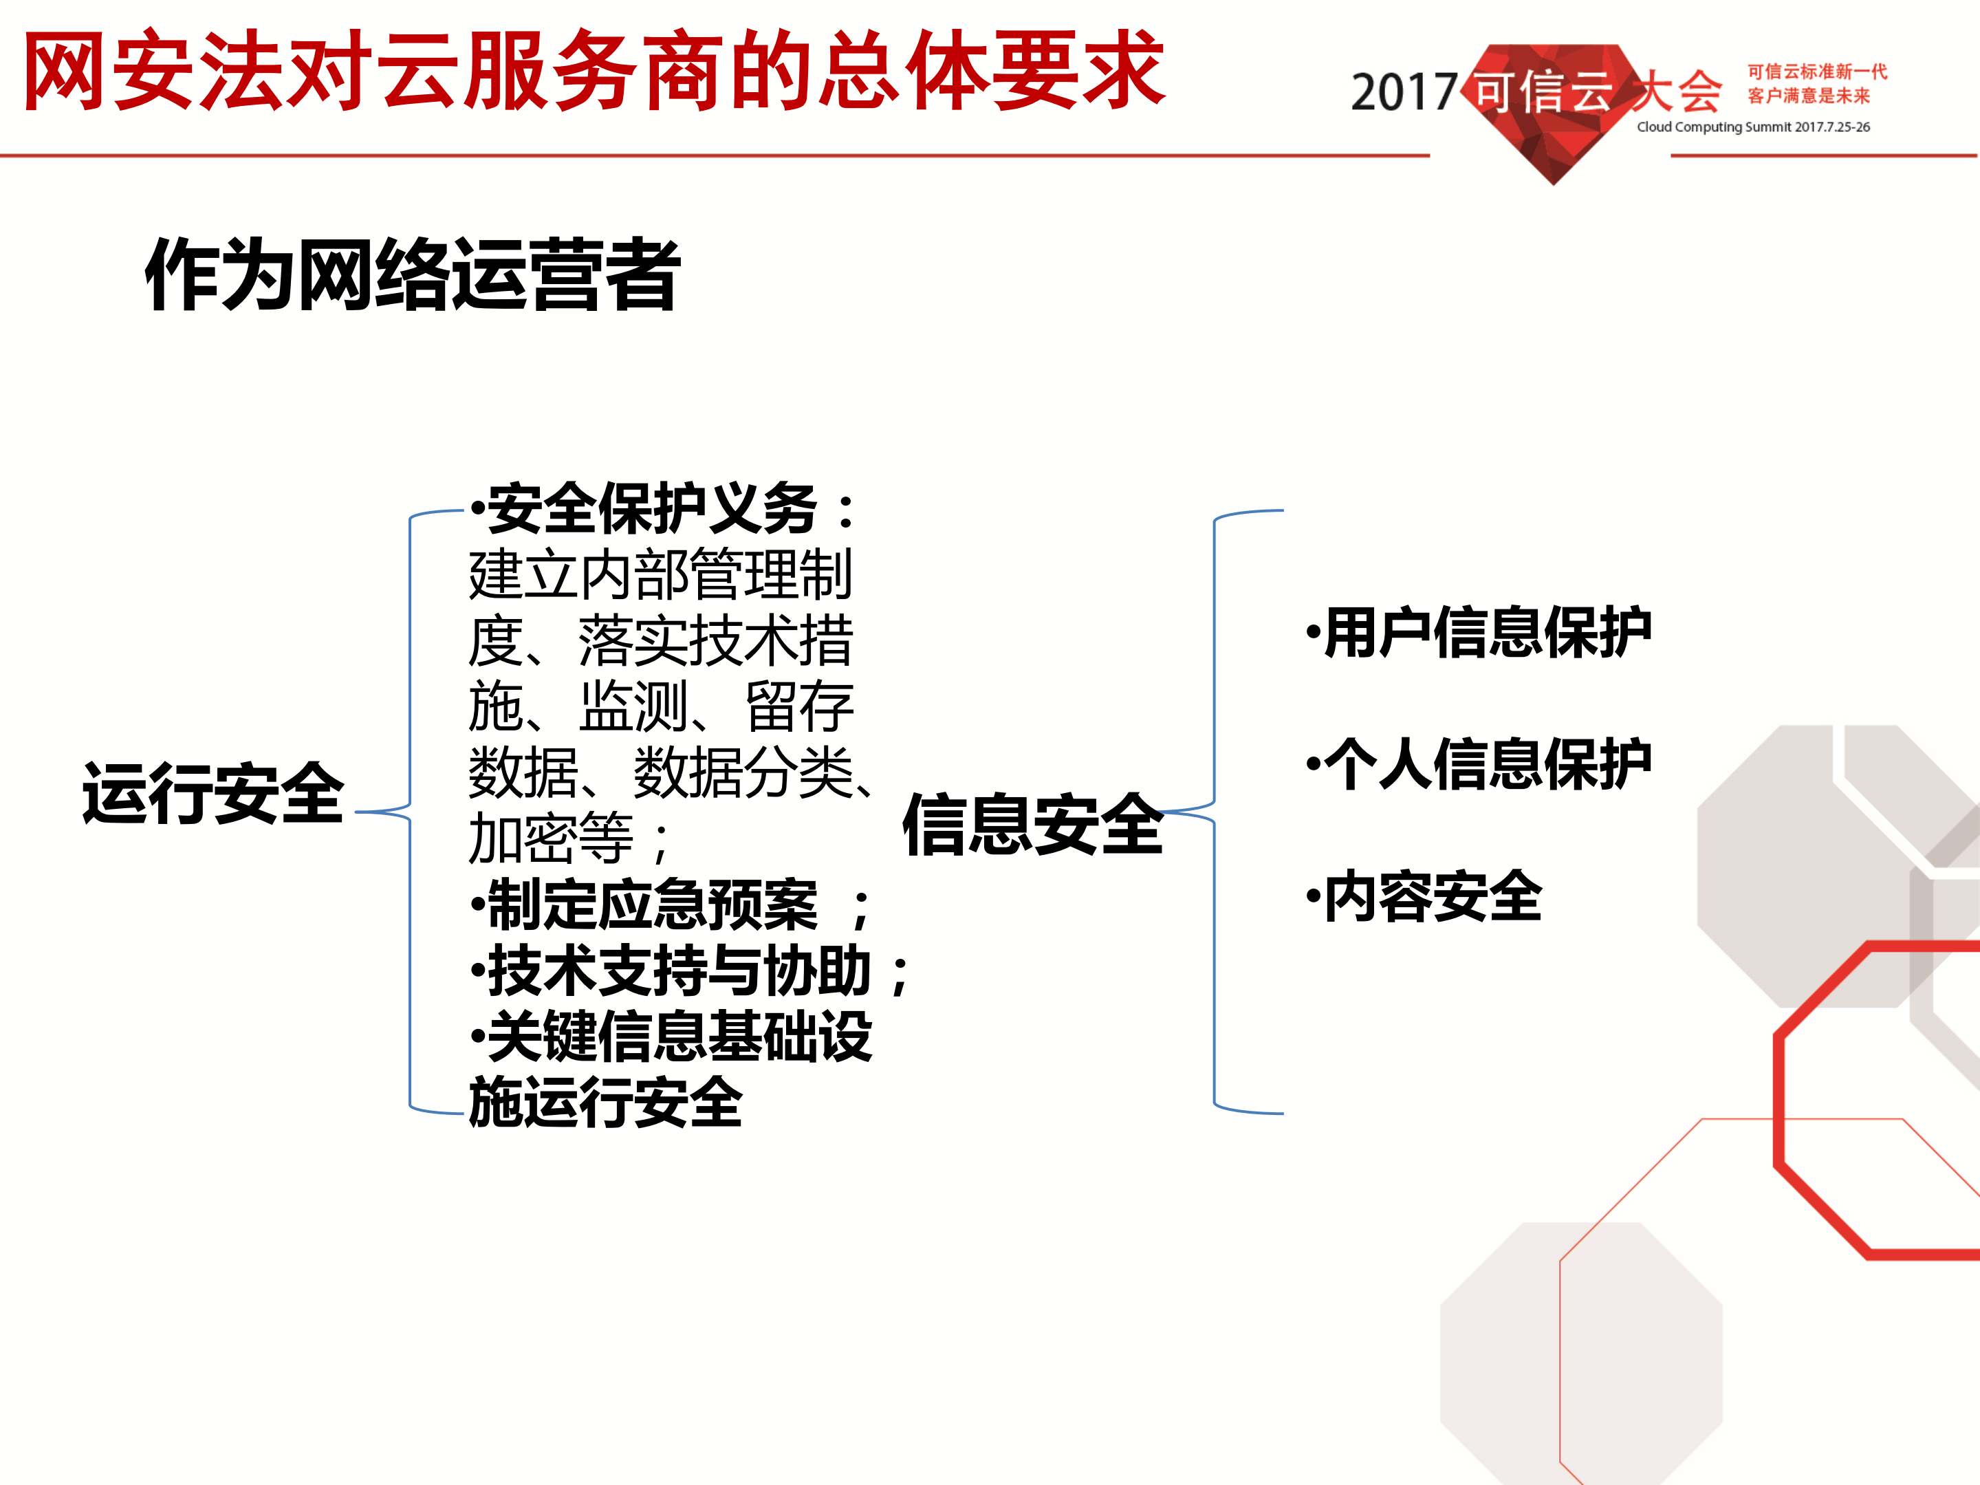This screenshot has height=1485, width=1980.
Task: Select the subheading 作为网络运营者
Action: click(x=413, y=275)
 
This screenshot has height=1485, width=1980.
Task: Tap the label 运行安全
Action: click(x=213, y=794)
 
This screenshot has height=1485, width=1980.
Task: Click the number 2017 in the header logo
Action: click(x=1403, y=93)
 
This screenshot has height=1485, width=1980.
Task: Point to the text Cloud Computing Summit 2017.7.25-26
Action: click(x=1752, y=127)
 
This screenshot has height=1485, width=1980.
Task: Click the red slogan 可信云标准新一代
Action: click(x=1816, y=72)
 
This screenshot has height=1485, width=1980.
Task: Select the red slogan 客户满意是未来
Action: click(x=1808, y=96)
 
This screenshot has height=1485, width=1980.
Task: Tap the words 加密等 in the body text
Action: click(x=550, y=838)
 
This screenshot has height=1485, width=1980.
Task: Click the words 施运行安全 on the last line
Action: click(x=605, y=1103)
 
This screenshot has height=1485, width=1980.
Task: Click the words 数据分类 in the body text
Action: click(x=743, y=772)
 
